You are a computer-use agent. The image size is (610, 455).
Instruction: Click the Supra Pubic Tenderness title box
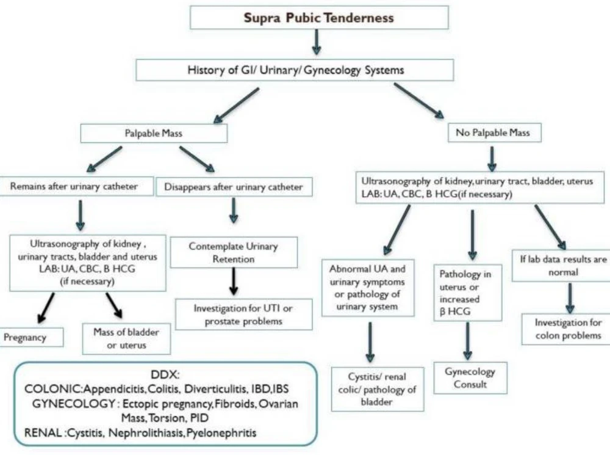[319, 17]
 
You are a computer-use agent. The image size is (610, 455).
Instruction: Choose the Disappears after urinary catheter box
[234, 187]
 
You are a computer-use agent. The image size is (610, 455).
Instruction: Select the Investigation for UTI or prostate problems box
[243, 314]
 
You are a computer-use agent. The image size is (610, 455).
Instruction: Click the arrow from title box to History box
[317, 42]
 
